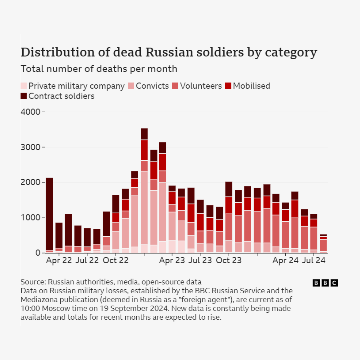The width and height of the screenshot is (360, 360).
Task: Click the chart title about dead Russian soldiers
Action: (169, 53)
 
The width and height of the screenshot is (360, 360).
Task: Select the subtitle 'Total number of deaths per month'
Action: (99, 69)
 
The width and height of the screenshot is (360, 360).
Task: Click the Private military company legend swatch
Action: (24, 86)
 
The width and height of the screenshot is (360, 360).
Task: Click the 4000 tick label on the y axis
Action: (31, 112)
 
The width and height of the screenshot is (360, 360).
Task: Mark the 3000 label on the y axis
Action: (31, 147)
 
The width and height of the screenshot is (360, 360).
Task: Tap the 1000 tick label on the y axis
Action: (31, 218)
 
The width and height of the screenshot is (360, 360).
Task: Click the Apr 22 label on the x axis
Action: (59, 261)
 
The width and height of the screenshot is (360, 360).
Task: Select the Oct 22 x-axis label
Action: (115, 261)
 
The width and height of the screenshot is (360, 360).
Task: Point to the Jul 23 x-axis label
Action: (200, 261)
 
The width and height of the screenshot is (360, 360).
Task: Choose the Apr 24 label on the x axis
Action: (285, 261)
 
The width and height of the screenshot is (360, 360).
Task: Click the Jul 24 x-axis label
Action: (313, 261)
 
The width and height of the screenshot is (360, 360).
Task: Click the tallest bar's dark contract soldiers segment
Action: (144, 134)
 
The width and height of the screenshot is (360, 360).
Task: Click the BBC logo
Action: (325, 283)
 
